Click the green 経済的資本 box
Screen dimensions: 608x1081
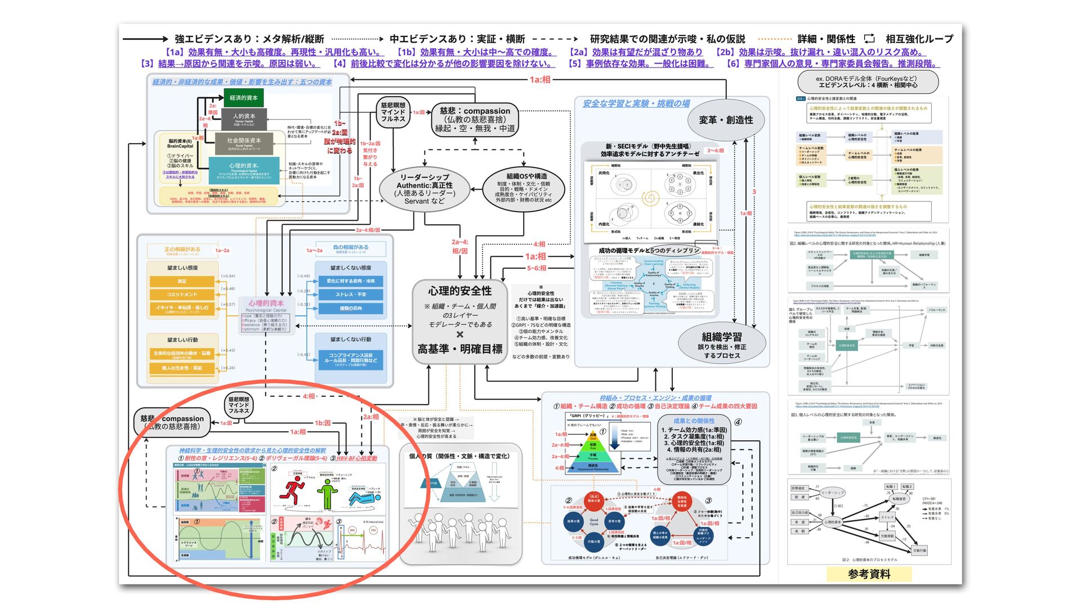point(244,98)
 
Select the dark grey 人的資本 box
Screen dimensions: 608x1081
point(244,119)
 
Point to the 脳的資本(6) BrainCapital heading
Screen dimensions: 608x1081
point(180,144)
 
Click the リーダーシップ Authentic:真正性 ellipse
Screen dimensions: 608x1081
point(425,188)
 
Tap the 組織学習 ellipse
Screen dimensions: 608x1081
point(722,344)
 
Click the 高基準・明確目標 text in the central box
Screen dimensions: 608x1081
point(459,349)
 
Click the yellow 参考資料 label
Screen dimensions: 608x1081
point(869,574)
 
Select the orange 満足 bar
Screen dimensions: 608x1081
point(182,281)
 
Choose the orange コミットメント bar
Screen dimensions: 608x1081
point(182,294)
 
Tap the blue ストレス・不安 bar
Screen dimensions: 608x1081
point(351,294)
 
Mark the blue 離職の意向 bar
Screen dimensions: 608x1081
point(351,309)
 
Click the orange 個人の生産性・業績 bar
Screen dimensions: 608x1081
point(182,368)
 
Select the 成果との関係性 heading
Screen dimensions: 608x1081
point(694,421)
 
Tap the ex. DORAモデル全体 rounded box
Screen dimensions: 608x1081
point(866,82)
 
